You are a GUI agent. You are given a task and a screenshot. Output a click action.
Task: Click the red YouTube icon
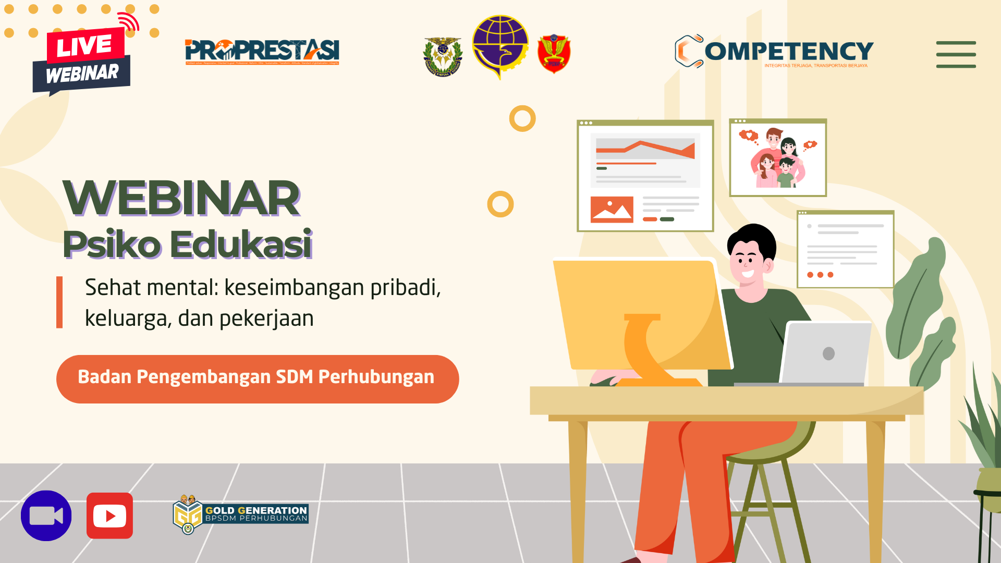109,516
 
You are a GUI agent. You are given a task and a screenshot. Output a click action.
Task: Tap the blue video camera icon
46,516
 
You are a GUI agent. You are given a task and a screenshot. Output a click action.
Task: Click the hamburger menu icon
956,55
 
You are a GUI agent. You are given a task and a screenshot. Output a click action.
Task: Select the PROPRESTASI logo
262,51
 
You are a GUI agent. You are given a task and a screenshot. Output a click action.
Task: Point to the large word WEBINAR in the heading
181,199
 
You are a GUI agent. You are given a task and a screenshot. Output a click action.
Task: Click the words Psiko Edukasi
187,244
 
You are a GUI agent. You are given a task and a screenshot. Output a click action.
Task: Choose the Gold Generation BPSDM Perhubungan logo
241,514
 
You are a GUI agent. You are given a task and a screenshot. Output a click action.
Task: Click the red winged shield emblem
554,54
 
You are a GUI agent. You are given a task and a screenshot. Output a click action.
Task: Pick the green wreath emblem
443,57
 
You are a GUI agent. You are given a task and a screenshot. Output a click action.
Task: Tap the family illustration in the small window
778,158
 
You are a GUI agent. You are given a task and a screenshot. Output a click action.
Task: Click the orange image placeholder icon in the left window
612,210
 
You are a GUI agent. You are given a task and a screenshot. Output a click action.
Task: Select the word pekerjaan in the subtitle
266,319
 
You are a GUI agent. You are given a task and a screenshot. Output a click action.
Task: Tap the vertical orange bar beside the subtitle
59,302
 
